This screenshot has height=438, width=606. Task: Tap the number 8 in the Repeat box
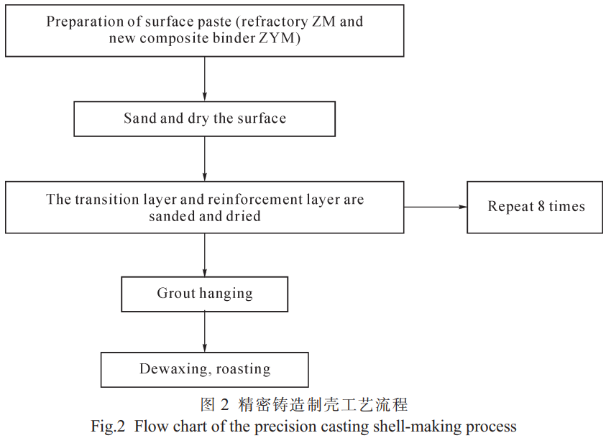(x=541, y=207)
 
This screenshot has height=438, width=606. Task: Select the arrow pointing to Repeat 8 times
(x=436, y=208)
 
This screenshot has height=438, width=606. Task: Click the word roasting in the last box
(x=243, y=370)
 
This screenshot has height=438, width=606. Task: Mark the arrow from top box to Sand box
(x=204, y=79)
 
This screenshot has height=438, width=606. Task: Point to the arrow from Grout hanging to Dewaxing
(x=204, y=332)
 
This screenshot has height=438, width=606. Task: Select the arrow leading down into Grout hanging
(x=204, y=255)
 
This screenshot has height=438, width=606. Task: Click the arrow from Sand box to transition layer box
(x=204, y=159)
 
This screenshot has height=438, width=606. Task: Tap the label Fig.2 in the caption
(x=108, y=427)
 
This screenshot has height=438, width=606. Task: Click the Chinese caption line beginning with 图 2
(x=304, y=404)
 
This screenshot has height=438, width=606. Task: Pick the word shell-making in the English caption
(x=418, y=427)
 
